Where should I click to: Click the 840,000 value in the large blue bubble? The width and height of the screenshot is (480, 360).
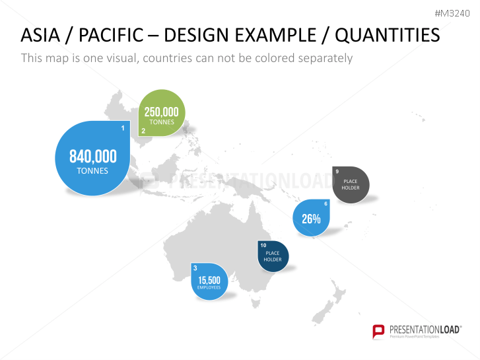tap(93, 157)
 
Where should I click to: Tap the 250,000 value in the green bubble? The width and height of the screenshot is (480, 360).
tap(162, 112)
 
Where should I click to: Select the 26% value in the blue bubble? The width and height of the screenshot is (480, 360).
tap(311, 219)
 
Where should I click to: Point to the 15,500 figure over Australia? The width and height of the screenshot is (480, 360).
tap(209, 280)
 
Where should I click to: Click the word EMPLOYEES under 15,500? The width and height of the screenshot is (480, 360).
tap(209, 287)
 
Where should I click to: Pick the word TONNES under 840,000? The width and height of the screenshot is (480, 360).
tap(92, 170)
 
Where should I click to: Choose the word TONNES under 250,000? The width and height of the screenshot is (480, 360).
tap(162, 122)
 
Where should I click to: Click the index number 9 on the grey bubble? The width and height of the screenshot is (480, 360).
tap(337, 172)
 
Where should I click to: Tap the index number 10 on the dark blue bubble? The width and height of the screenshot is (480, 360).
tap(263, 246)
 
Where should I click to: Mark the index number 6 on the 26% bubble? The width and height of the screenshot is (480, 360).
tap(326, 203)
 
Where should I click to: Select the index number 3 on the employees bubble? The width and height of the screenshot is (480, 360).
tap(195, 268)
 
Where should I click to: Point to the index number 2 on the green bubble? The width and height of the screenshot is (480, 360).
tap(143, 130)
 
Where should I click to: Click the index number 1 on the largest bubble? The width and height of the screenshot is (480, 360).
tap(123, 127)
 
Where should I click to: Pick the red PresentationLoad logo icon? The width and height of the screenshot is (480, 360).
tap(379, 331)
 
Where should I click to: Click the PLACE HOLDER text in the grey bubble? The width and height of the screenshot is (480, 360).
tap(351, 184)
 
